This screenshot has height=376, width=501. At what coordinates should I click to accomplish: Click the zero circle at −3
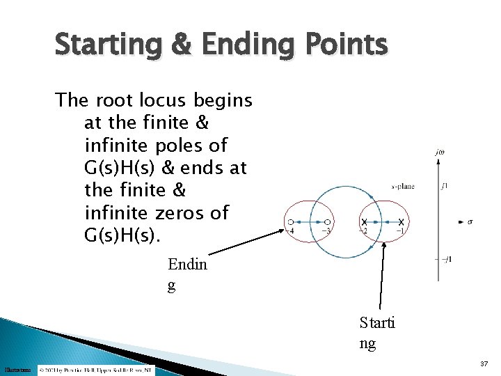(x=327, y=222)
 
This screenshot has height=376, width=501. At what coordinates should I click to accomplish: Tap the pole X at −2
(x=364, y=222)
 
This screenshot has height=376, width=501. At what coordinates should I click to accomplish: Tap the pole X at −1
(x=401, y=222)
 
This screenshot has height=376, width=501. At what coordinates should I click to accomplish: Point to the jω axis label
(x=439, y=151)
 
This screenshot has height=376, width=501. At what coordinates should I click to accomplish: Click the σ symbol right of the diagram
(x=470, y=222)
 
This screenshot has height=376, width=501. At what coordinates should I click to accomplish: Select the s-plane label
(x=402, y=187)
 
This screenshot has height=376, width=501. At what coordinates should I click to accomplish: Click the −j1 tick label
(x=447, y=260)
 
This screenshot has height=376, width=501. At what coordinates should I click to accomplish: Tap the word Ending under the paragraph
(x=187, y=274)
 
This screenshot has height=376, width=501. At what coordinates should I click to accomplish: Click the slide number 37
(x=484, y=364)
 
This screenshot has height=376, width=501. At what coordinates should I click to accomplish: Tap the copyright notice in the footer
(x=97, y=369)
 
